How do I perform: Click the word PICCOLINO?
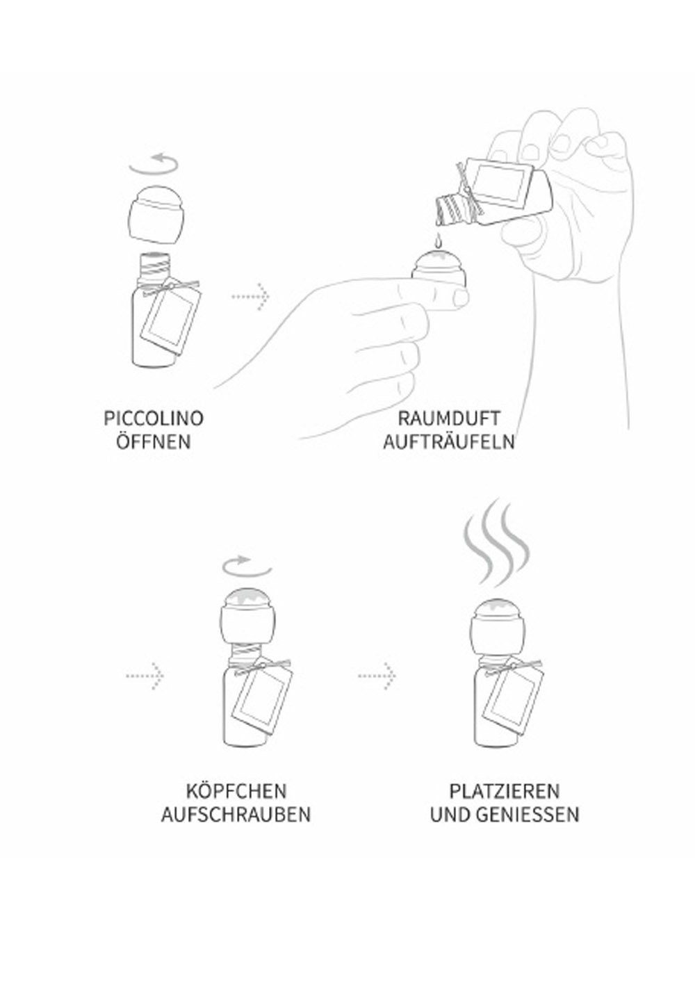(154, 418)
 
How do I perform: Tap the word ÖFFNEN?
(154, 441)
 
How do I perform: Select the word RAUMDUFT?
(448, 418)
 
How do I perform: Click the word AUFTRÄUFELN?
(448, 441)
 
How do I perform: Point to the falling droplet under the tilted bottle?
(439, 242)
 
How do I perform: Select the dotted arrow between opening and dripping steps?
(251, 295)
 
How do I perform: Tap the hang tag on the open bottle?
(172, 320)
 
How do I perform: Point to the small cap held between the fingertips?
(438, 267)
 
